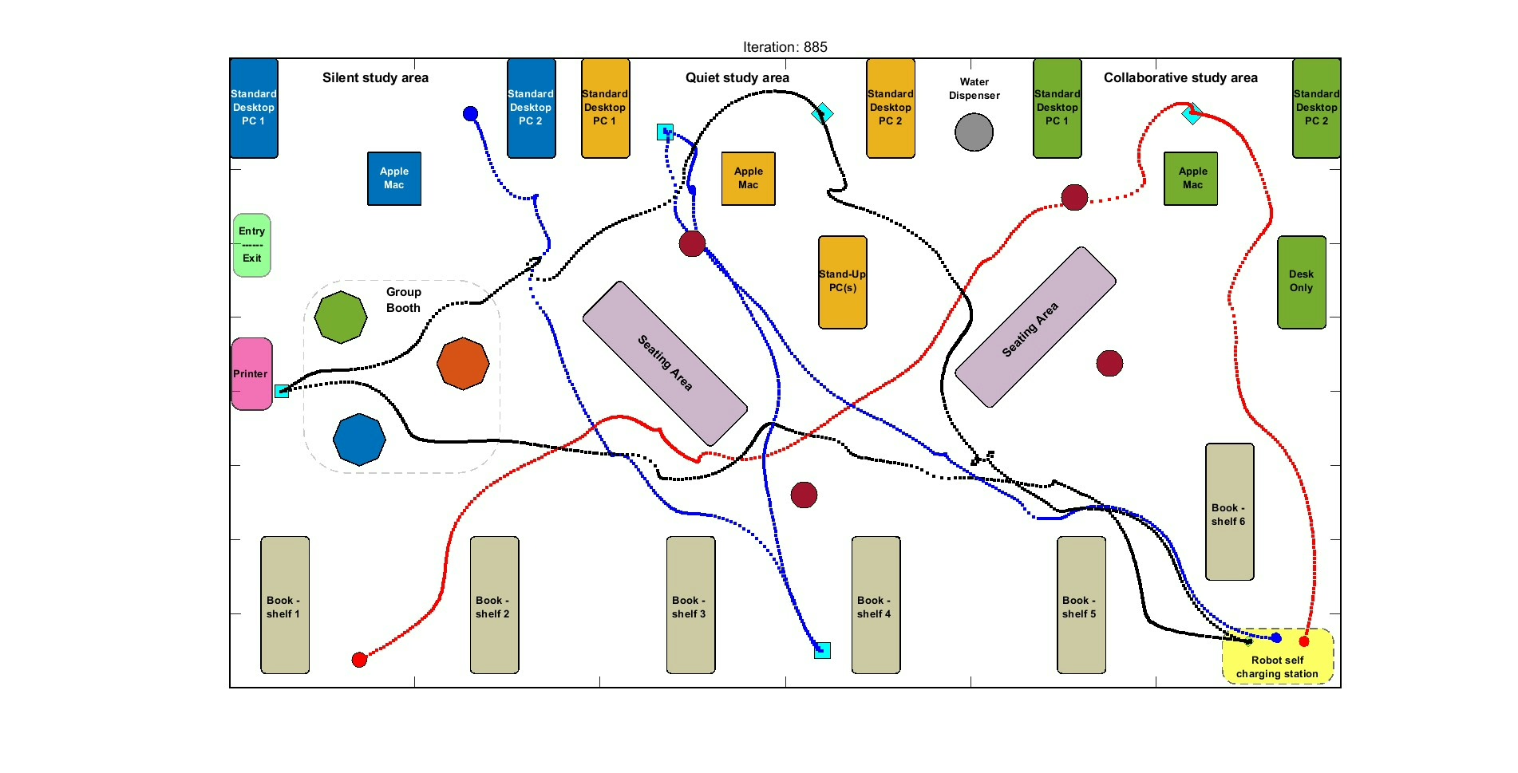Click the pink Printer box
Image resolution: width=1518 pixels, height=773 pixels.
tap(251, 373)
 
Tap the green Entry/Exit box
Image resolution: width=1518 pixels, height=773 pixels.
tap(252, 245)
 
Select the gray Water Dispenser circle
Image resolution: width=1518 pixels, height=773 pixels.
tap(974, 132)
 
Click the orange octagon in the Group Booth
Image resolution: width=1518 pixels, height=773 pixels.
tap(463, 363)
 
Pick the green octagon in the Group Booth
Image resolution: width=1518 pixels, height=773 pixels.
tap(341, 317)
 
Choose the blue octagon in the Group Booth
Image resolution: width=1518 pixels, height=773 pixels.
tap(359, 439)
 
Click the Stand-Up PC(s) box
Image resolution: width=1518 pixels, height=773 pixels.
tap(842, 282)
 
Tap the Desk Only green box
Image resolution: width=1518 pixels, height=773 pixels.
tap(1301, 282)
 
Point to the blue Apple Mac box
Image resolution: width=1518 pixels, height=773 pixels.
tap(394, 178)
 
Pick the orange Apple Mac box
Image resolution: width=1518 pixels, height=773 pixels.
tap(748, 178)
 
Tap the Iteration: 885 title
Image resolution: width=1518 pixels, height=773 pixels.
tap(785, 47)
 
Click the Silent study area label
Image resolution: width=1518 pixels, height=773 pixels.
tap(375, 77)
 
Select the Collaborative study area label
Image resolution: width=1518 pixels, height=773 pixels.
tap(1180, 77)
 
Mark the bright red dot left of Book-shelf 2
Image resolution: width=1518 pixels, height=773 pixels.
tap(359, 660)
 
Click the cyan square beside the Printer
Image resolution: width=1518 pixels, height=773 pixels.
tap(282, 391)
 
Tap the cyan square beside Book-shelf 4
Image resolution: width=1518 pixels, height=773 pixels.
tap(822, 650)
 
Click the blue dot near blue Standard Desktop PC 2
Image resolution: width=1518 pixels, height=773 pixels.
tap(470, 114)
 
